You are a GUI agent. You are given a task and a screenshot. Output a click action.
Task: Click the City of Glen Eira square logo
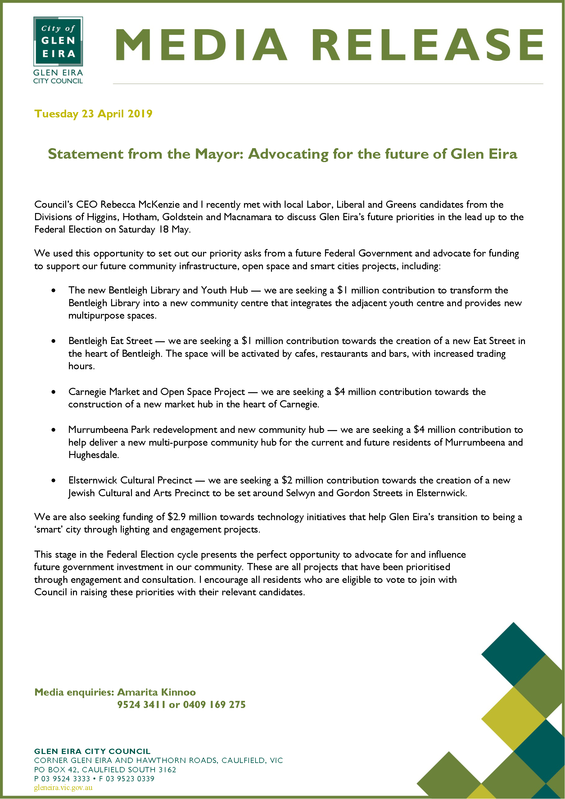pos(58,41)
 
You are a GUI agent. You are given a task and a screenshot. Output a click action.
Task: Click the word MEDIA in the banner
pos(201,45)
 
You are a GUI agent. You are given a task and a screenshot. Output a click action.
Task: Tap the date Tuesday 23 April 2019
pos(93,114)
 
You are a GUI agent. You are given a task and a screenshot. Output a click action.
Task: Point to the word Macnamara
pos(248,217)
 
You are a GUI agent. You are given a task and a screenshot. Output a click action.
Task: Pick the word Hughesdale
pos(93,455)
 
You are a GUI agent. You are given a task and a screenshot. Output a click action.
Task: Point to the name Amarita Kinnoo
pos(156,692)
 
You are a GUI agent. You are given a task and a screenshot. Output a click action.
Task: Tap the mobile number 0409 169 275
pos(214,705)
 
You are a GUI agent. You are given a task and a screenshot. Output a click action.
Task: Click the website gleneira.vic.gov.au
pos(63,788)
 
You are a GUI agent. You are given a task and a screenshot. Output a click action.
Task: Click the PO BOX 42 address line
pos(105,769)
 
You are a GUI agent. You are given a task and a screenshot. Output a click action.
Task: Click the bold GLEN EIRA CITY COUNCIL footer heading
pos(92,751)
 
